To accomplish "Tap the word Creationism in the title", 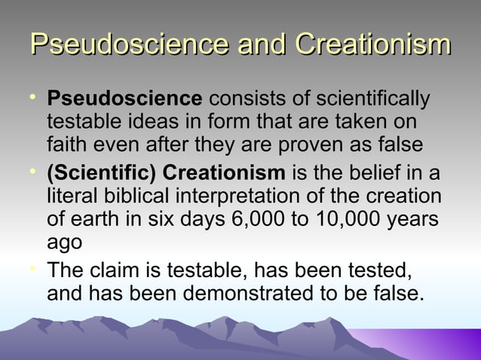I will [372, 44].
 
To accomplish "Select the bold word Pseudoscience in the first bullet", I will [124, 99].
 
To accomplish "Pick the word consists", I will [240, 99].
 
